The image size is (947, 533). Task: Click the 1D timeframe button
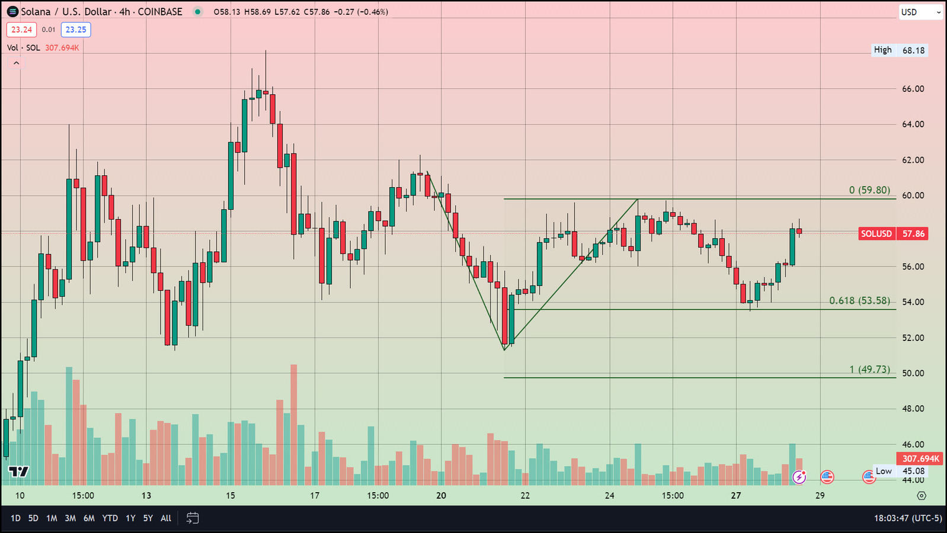[15, 518]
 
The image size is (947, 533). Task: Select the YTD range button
[110, 518]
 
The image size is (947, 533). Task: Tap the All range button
[166, 518]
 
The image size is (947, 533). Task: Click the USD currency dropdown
[920, 12]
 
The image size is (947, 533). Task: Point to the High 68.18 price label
[899, 50]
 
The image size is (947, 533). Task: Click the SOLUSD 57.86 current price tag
[893, 234]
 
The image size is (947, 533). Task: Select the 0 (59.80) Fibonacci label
[869, 190]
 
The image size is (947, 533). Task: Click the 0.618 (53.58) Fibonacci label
[859, 301]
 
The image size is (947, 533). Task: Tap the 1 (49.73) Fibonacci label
[869, 370]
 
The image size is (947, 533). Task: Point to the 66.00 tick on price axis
[913, 89]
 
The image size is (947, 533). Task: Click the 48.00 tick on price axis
[913, 409]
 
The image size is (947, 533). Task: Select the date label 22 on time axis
[525, 496]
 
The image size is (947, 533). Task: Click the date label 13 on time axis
[146, 496]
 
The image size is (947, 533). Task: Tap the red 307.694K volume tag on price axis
[920, 459]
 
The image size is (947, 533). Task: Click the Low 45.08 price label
[900, 471]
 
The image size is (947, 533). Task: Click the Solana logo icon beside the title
[12, 12]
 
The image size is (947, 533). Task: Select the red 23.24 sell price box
[21, 30]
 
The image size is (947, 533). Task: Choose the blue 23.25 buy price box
[76, 30]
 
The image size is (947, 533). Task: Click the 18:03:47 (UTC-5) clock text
[907, 518]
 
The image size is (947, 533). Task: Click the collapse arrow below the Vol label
[16, 63]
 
